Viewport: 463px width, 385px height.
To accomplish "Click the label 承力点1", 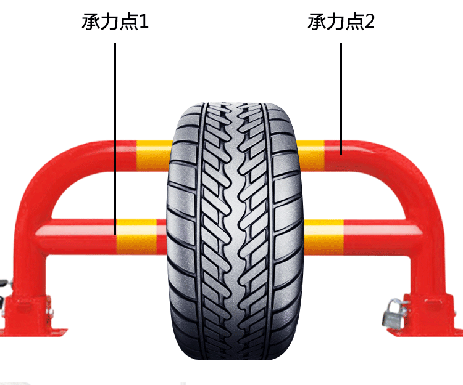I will click(x=115, y=23).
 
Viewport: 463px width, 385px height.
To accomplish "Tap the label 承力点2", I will click(x=341, y=23).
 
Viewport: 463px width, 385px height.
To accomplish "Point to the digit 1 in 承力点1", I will click(x=144, y=23).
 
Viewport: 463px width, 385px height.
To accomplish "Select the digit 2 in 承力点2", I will click(x=369, y=23).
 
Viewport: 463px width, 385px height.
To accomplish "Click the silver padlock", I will click(x=391, y=315).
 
